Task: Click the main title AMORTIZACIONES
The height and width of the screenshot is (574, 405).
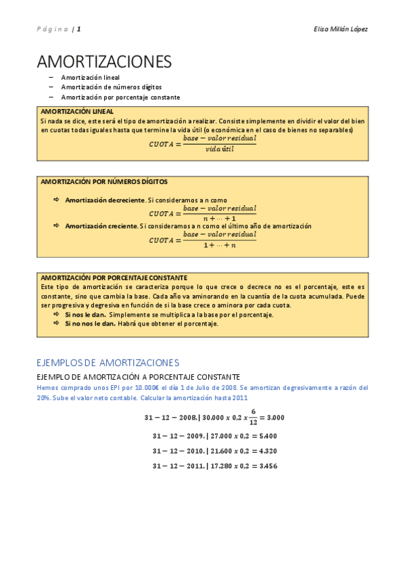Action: [104, 62]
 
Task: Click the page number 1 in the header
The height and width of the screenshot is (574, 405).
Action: [79, 29]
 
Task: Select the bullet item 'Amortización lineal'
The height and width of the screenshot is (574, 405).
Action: [90, 78]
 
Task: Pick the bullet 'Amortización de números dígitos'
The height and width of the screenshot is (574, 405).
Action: [111, 87]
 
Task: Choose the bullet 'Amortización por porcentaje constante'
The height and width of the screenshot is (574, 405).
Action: [120, 97]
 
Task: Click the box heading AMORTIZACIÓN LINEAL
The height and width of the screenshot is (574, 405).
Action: [77, 111]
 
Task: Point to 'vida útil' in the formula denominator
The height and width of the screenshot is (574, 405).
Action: [219, 149]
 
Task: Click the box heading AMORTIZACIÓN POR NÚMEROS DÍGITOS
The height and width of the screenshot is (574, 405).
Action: [104, 182]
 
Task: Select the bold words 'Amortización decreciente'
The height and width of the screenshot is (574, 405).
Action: [105, 200]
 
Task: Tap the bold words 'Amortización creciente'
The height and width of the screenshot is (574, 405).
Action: [101, 226]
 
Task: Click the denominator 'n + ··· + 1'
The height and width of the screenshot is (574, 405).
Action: [219, 219]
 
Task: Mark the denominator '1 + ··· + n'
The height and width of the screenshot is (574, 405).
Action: [219, 244]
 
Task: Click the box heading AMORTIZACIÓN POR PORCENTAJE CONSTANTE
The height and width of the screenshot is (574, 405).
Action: [114, 278]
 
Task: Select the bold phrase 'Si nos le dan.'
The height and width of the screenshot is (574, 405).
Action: [85, 315]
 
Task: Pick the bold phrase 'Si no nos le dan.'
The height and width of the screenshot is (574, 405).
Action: [90, 324]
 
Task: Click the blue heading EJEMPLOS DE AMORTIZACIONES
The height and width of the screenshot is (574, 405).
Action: [108, 362]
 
